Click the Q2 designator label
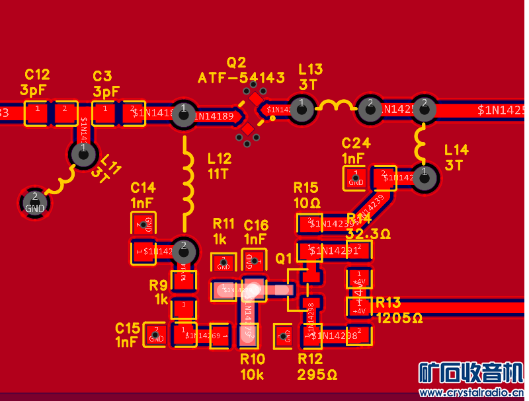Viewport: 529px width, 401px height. pyautogui.click(x=236, y=63)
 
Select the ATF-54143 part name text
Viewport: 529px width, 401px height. pyautogui.click(x=241, y=78)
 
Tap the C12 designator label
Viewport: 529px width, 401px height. pyautogui.click(x=37, y=75)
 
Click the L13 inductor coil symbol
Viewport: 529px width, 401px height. pyautogui.click(x=336, y=105)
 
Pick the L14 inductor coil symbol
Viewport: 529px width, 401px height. pyautogui.click(x=421, y=140)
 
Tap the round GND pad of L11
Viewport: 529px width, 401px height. pyautogui.click(x=34, y=203)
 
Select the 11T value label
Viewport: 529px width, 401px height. pyautogui.click(x=218, y=174)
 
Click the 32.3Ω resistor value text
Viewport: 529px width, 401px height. pyautogui.click(x=368, y=234)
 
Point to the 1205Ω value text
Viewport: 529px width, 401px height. pyautogui.click(x=399, y=318)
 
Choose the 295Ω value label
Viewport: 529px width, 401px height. pyautogui.click(x=317, y=375)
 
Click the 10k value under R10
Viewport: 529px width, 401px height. pyautogui.click(x=252, y=375)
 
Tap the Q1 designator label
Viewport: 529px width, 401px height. pyautogui.click(x=284, y=258)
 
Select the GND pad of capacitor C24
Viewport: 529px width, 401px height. pyautogui.click(x=356, y=177)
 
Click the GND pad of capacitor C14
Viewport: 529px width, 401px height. pyautogui.click(x=144, y=223)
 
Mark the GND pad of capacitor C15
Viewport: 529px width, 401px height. pyautogui.click(x=157, y=335)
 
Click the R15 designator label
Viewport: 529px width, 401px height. pyautogui.click(x=306, y=187)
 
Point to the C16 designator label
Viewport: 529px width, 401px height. pyautogui.click(x=256, y=225)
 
